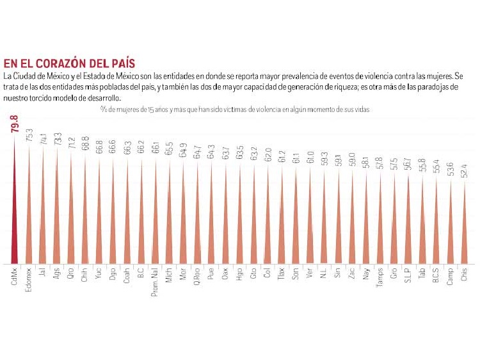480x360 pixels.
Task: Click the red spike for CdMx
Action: coord(15,211)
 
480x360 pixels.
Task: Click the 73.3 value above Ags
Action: coord(57,140)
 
